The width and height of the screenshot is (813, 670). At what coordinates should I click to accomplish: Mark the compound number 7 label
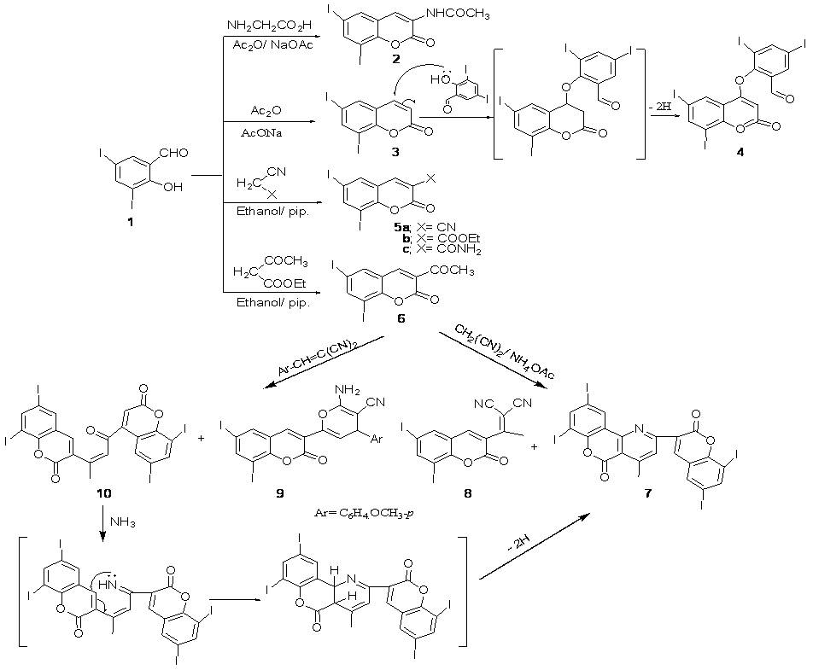tap(636, 493)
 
